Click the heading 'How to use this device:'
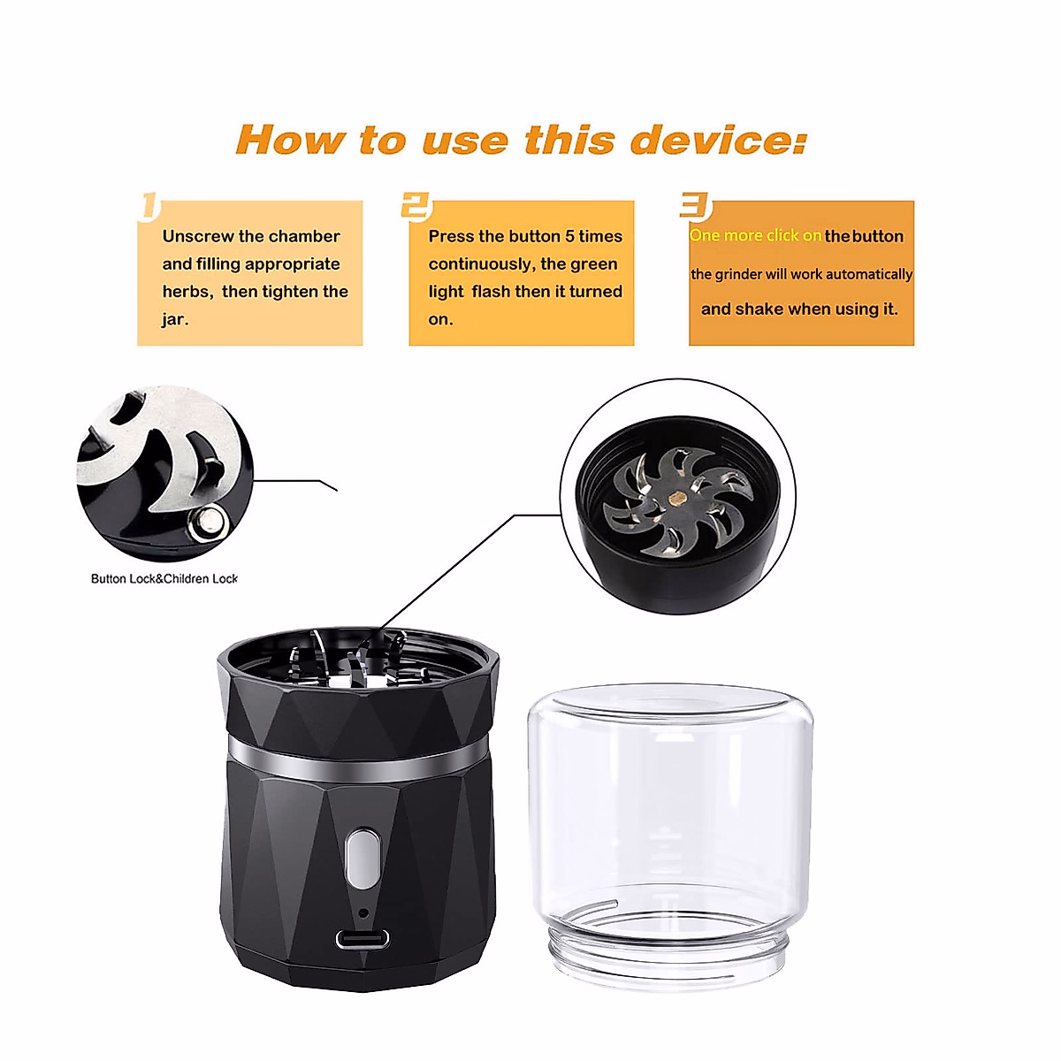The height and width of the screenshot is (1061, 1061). (522, 141)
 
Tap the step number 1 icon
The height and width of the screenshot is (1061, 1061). (150, 206)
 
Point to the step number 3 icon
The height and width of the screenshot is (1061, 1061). (695, 206)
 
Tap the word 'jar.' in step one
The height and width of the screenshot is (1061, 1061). (175, 319)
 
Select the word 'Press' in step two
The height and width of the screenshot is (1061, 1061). (451, 236)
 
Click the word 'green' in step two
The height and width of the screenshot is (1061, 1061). (594, 263)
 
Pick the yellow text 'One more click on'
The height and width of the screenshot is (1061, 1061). (756, 236)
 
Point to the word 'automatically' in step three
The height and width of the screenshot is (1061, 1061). (868, 274)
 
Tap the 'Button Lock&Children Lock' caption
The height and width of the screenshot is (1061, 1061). (164, 579)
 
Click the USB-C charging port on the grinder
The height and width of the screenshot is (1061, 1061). (362, 940)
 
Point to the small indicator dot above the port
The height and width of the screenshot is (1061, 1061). (363, 912)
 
